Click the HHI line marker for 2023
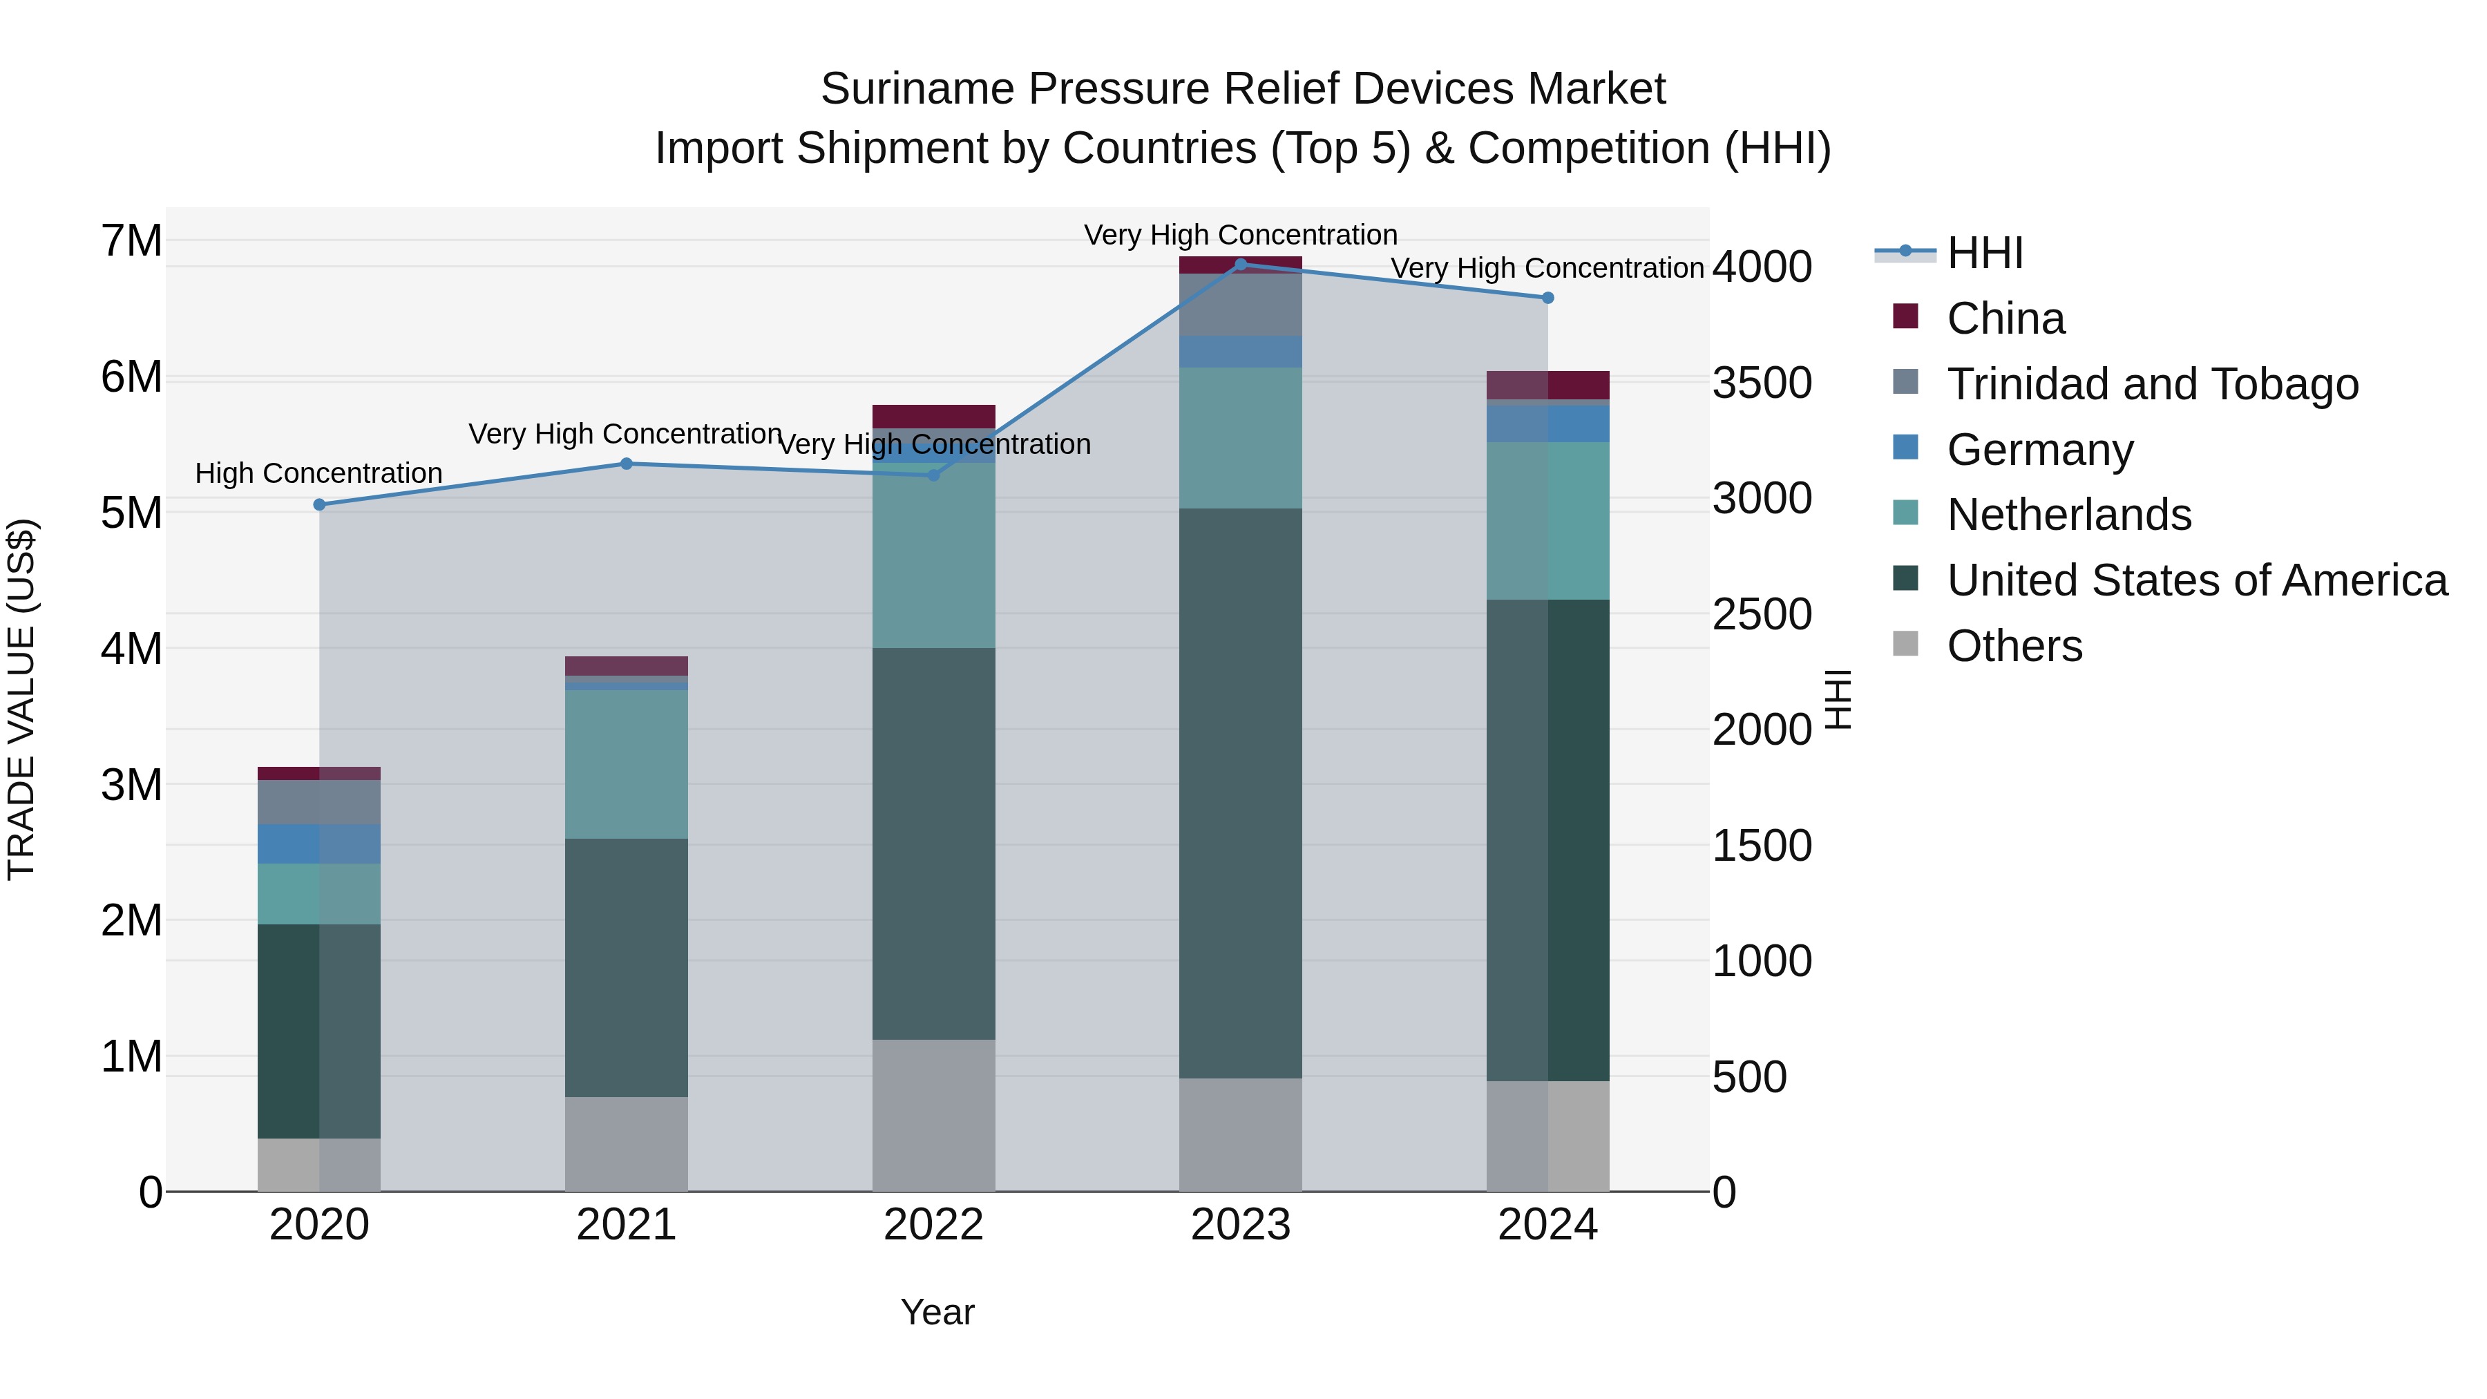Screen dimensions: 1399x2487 [1241, 264]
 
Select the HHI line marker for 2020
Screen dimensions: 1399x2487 [320, 504]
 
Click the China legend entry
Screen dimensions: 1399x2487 [2005, 318]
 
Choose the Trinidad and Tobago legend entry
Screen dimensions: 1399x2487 [2152, 384]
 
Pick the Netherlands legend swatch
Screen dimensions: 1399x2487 [1905, 513]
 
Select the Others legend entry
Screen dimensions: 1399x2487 [2014, 646]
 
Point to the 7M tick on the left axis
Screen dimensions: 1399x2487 [132, 240]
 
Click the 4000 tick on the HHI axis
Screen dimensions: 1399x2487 [1762, 267]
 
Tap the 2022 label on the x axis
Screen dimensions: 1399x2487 [933, 1225]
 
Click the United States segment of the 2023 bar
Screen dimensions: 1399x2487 [1241, 792]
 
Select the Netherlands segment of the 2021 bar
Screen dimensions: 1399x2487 [626, 763]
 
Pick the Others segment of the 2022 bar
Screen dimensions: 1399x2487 [933, 1115]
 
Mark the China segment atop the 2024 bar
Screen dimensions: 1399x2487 [1547, 384]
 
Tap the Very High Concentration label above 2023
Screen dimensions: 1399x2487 [1241, 235]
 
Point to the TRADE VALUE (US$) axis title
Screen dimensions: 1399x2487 [21, 699]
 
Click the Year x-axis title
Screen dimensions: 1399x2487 [937, 1312]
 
